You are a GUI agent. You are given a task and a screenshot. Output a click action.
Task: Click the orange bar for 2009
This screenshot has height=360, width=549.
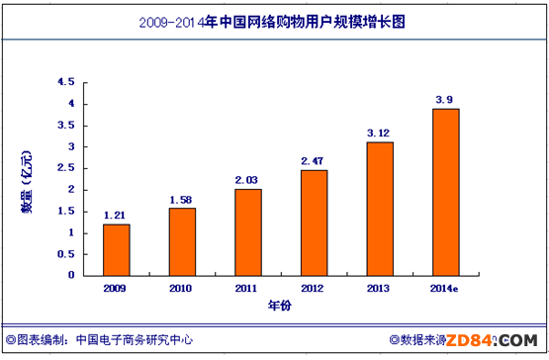[x=117, y=249]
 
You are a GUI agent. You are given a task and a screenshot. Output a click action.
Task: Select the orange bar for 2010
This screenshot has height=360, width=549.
[x=182, y=241]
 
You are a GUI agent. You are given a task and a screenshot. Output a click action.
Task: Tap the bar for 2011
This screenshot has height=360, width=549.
[x=248, y=231]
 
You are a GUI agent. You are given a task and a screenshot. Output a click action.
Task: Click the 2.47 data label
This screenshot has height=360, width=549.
[x=314, y=160]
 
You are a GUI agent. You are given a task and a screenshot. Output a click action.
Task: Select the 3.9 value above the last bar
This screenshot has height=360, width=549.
[x=446, y=99]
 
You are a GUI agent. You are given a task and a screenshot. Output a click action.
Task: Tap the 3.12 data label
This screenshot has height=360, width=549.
[x=380, y=132]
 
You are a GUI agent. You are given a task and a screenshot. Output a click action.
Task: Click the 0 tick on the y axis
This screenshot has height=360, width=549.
[x=72, y=275]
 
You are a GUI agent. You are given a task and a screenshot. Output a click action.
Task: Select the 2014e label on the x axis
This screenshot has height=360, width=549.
[x=446, y=288]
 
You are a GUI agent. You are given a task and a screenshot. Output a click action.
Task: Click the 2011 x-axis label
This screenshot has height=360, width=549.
[x=248, y=288]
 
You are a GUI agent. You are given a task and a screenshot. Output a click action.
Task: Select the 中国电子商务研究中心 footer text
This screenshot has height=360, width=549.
[x=131, y=339]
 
